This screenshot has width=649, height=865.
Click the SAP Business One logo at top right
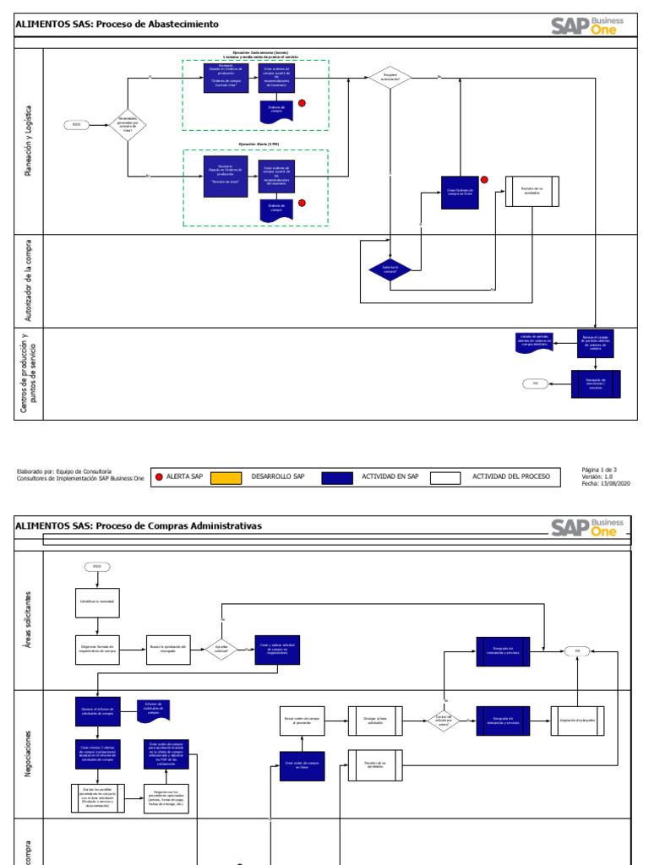point(587,25)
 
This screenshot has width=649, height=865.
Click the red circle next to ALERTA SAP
point(160,476)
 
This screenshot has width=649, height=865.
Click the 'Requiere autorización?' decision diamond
point(390,78)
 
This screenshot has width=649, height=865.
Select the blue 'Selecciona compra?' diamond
point(390,269)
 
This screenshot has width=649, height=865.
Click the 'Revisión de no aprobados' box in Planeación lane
point(532,192)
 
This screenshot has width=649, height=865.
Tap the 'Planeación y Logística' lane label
point(30,139)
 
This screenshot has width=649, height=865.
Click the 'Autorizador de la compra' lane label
point(30,280)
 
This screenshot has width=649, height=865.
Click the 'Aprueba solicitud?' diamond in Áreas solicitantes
point(221,650)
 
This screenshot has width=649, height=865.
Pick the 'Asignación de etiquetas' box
point(578,720)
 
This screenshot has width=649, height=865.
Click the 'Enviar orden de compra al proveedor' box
point(303,721)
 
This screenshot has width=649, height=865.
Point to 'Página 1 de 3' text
point(600,469)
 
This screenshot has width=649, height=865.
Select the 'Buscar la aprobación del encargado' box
point(169,650)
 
